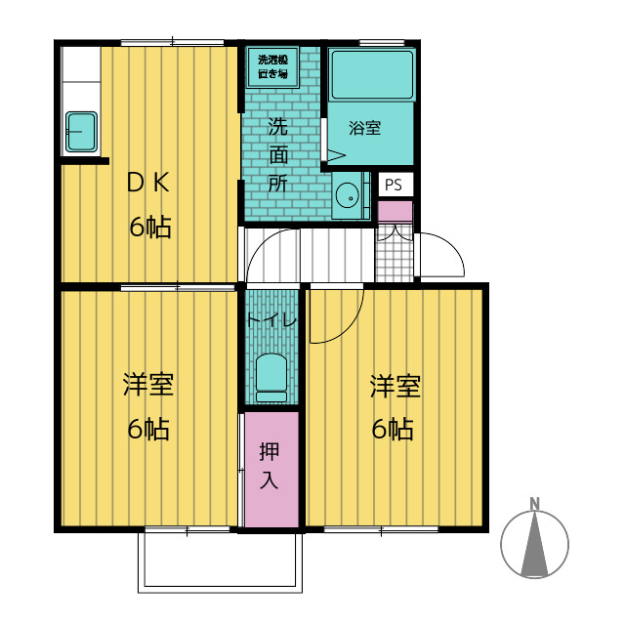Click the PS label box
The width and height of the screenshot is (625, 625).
pos(395,185)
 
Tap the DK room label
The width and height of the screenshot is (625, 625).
pos(148,183)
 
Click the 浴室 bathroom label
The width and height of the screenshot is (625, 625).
pos(364,128)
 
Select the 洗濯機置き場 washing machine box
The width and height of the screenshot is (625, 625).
pos(273,67)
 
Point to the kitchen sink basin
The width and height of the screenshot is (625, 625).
pos(81,132)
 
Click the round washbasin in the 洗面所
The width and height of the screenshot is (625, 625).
pos(348,195)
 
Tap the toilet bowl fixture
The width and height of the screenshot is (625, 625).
pos(271,378)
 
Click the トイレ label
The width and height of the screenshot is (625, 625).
pos(271,320)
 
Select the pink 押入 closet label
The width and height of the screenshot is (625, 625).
pos(270,466)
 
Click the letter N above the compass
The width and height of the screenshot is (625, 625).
pos(534,504)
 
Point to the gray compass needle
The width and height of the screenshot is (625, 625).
pos(534,545)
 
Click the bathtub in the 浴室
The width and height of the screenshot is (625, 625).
pos(372,75)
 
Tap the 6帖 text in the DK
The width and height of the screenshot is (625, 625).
pos(150,227)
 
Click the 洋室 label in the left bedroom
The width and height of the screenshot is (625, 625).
pos(148,385)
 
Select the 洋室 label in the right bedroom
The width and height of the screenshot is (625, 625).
pos(396,386)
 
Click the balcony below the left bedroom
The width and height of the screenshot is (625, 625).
pos(221,562)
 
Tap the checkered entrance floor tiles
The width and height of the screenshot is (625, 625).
pos(395,253)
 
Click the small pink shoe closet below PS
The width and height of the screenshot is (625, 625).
pos(395,211)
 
